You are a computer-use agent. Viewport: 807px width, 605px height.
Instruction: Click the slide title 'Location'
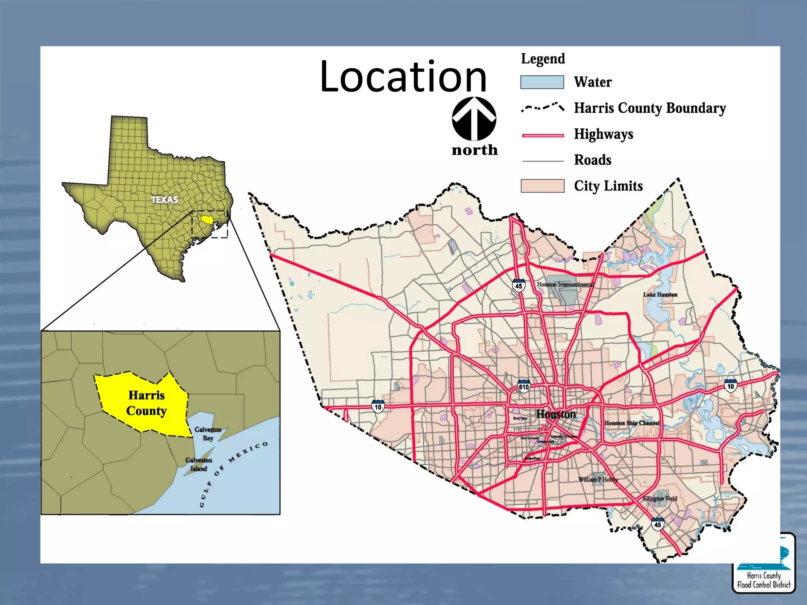tap(403, 76)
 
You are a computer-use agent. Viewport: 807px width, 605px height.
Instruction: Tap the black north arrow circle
tap(474, 119)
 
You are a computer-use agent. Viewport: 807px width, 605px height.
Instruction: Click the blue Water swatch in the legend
tap(542, 82)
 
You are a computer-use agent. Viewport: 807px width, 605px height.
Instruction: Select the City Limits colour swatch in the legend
tap(542, 186)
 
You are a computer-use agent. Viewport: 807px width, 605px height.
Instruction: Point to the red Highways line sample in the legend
tap(543, 135)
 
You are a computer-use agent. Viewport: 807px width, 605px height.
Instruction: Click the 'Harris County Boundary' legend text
tap(649, 108)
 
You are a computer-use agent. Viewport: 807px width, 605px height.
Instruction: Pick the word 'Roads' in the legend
tap(592, 160)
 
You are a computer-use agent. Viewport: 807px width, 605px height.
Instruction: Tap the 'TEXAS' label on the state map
tap(164, 200)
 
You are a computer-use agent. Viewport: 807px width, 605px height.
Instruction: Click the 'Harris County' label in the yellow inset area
tap(147, 403)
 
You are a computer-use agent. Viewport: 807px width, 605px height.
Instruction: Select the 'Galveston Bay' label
tap(208, 434)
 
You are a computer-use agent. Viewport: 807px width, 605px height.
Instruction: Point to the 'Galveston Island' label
tap(199, 464)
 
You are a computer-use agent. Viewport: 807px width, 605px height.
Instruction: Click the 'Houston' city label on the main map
tap(556, 414)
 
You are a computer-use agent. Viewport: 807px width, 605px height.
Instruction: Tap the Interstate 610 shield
tap(524, 386)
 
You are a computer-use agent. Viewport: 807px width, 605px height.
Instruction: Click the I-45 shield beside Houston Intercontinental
tap(519, 286)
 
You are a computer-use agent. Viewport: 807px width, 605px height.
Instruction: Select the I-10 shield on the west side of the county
tap(378, 406)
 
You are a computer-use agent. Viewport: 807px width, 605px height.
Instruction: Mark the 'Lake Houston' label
tap(660, 295)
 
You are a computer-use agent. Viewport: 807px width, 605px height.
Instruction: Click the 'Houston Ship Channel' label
tap(632, 423)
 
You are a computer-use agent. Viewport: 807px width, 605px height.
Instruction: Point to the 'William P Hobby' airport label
tap(598, 479)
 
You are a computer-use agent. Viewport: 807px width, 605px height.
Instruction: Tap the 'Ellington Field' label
tap(660, 498)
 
